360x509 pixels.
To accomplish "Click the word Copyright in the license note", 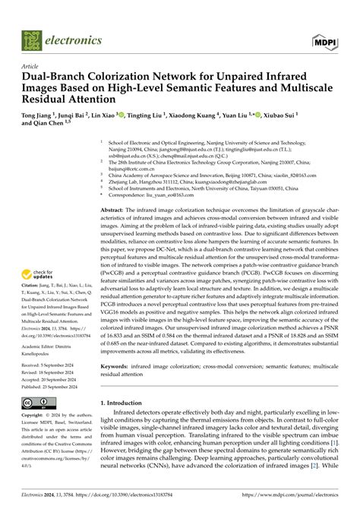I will [x=35, y=417].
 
